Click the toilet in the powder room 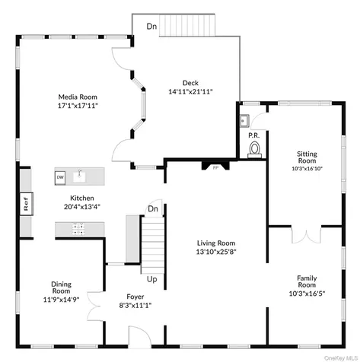click(x=254, y=150)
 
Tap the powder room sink click(x=244, y=120)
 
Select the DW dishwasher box click(x=60, y=177)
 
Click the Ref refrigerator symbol click(x=27, y=204)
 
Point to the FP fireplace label click(x=215, y=167)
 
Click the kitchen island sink click(x=79, y=176)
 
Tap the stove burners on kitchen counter click(x=78, y=228)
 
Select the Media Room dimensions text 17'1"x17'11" click(x=78, y=106)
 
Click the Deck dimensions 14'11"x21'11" click(x=190, y=91)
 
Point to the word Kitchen click(x=82, y=198)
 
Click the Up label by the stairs click(x=152, y=279)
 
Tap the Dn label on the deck click(x=151, y=27)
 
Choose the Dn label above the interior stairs click(x=153, y=209)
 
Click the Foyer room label click(x=135, y=297)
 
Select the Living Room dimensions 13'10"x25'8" click(x=216, y=252)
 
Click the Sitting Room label click(x=307, y=157)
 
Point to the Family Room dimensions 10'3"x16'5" click(x=307, y=294)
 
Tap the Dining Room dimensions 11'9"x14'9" click(x=61, y=300)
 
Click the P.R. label click(x=254, y=135)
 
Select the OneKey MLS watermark click(x=341, y=358)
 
